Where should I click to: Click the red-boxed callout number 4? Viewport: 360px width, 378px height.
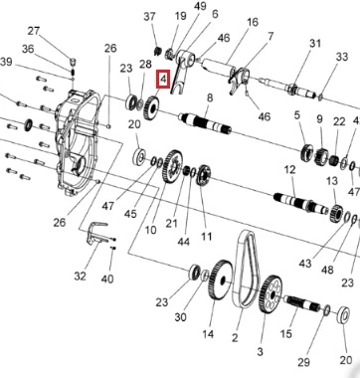pos(163,80)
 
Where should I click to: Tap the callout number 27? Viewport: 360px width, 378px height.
pos(34,32)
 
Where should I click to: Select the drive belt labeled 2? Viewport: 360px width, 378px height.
pos(247,270)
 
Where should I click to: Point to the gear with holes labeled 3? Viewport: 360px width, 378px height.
pos(270,294)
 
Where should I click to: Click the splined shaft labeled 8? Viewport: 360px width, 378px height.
pos(205,123)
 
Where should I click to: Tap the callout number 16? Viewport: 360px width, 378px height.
pos(253,23)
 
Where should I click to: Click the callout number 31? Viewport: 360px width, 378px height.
pos(315,44)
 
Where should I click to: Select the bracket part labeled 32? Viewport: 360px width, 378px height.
pos(96,234)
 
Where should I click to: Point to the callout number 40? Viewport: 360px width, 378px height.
pos(107,279)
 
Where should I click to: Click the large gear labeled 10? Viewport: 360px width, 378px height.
pos(173,166)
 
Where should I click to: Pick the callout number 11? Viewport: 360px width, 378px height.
pos(206,237)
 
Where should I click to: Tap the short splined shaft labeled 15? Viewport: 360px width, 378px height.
pos(303,303)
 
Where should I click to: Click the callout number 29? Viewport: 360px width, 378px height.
pos(303,362)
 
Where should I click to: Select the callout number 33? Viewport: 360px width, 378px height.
pos(342,57)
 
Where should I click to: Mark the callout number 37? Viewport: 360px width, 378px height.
pos(149,16)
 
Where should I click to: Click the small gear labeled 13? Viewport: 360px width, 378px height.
pos(336,214)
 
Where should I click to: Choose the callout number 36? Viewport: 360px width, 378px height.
pos(28,49)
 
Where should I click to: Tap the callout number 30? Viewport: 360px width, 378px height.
pos(180,317)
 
